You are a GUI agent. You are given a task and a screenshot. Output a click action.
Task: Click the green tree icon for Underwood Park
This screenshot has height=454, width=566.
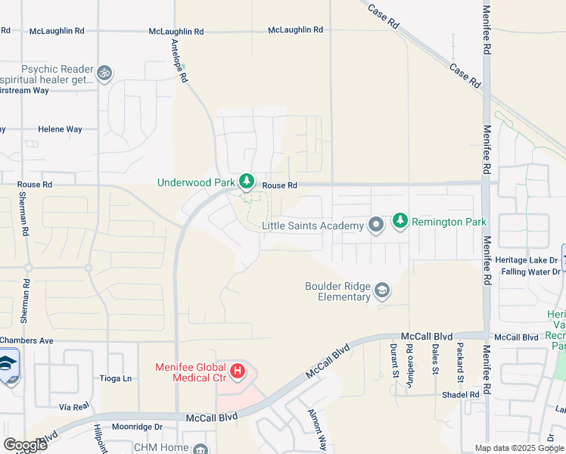[246, 182]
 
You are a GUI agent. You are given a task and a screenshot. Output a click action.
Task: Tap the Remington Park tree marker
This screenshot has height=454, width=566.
[400, 221]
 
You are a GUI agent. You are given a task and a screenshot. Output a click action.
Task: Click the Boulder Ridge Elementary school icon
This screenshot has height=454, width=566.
[383, 291]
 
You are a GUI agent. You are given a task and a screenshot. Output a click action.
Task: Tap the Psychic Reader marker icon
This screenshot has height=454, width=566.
[104, 73]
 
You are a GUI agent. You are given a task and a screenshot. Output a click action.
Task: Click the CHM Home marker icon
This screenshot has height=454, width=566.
[200, 449]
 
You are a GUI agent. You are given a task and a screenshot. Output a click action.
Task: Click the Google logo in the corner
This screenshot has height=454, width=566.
[24, 445]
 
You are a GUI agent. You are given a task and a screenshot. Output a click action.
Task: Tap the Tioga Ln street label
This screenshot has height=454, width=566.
[116, 378]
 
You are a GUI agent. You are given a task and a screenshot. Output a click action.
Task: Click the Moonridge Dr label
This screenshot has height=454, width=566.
[133, 427]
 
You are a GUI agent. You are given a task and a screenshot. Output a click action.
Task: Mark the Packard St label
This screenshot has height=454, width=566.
[459, 360]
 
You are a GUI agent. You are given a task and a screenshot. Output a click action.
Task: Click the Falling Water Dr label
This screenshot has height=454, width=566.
[530, 271]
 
